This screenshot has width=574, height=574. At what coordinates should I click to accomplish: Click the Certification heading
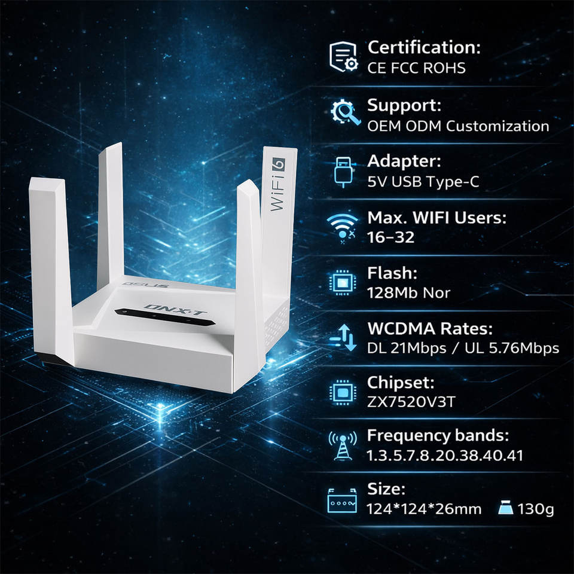coord(424,47)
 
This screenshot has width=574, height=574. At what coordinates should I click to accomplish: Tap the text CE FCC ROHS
coord(416,68)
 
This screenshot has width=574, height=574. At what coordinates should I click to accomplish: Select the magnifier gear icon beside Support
coord(345,114)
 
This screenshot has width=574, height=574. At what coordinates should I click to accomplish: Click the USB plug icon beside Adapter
coord(344,172)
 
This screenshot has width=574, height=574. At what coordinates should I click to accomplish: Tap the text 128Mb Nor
coord(408,292)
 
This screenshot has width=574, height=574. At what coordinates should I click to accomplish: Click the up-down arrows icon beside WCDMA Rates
coord(343,338)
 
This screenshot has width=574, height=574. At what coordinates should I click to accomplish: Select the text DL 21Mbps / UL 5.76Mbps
coord(463,348)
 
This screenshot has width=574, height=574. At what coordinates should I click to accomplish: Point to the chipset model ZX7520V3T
coord(411,401)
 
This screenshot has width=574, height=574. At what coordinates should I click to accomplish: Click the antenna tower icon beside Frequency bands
coord(343,446)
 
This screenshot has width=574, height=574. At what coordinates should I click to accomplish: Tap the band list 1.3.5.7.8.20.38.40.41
coord(445,455)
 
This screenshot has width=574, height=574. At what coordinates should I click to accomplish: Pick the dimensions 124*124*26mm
coord(424,509)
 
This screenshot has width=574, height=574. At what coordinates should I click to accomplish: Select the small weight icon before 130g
coord(505,509)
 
